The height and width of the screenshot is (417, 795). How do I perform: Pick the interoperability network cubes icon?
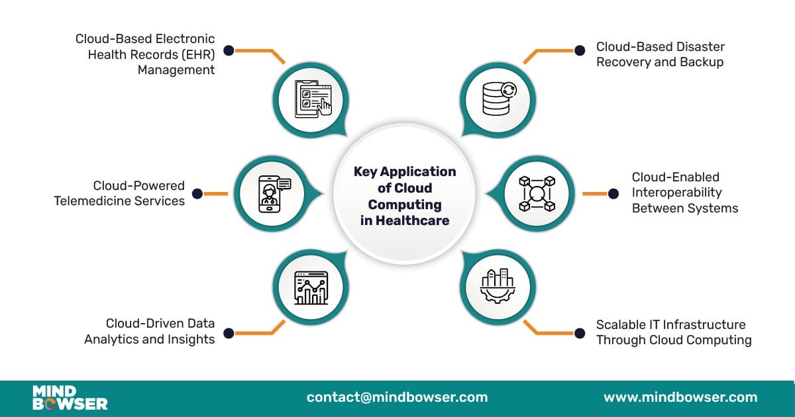coord(536,194)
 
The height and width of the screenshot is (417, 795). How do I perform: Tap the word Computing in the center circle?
coord(405,205)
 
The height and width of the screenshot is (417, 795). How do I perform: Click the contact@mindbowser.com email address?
coord(397,398)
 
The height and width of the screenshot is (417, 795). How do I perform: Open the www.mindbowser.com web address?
coord(680,398)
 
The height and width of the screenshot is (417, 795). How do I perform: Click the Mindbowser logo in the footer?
coord(70,398)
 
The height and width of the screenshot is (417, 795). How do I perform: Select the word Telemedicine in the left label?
coord(97,201)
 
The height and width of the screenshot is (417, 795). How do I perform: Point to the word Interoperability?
coord(676,193)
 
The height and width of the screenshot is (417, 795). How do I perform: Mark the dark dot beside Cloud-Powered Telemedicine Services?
coord(197,193)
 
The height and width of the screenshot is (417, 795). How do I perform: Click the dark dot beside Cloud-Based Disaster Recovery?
coord(580,50)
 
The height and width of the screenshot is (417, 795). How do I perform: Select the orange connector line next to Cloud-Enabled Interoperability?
coord(594,194)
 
